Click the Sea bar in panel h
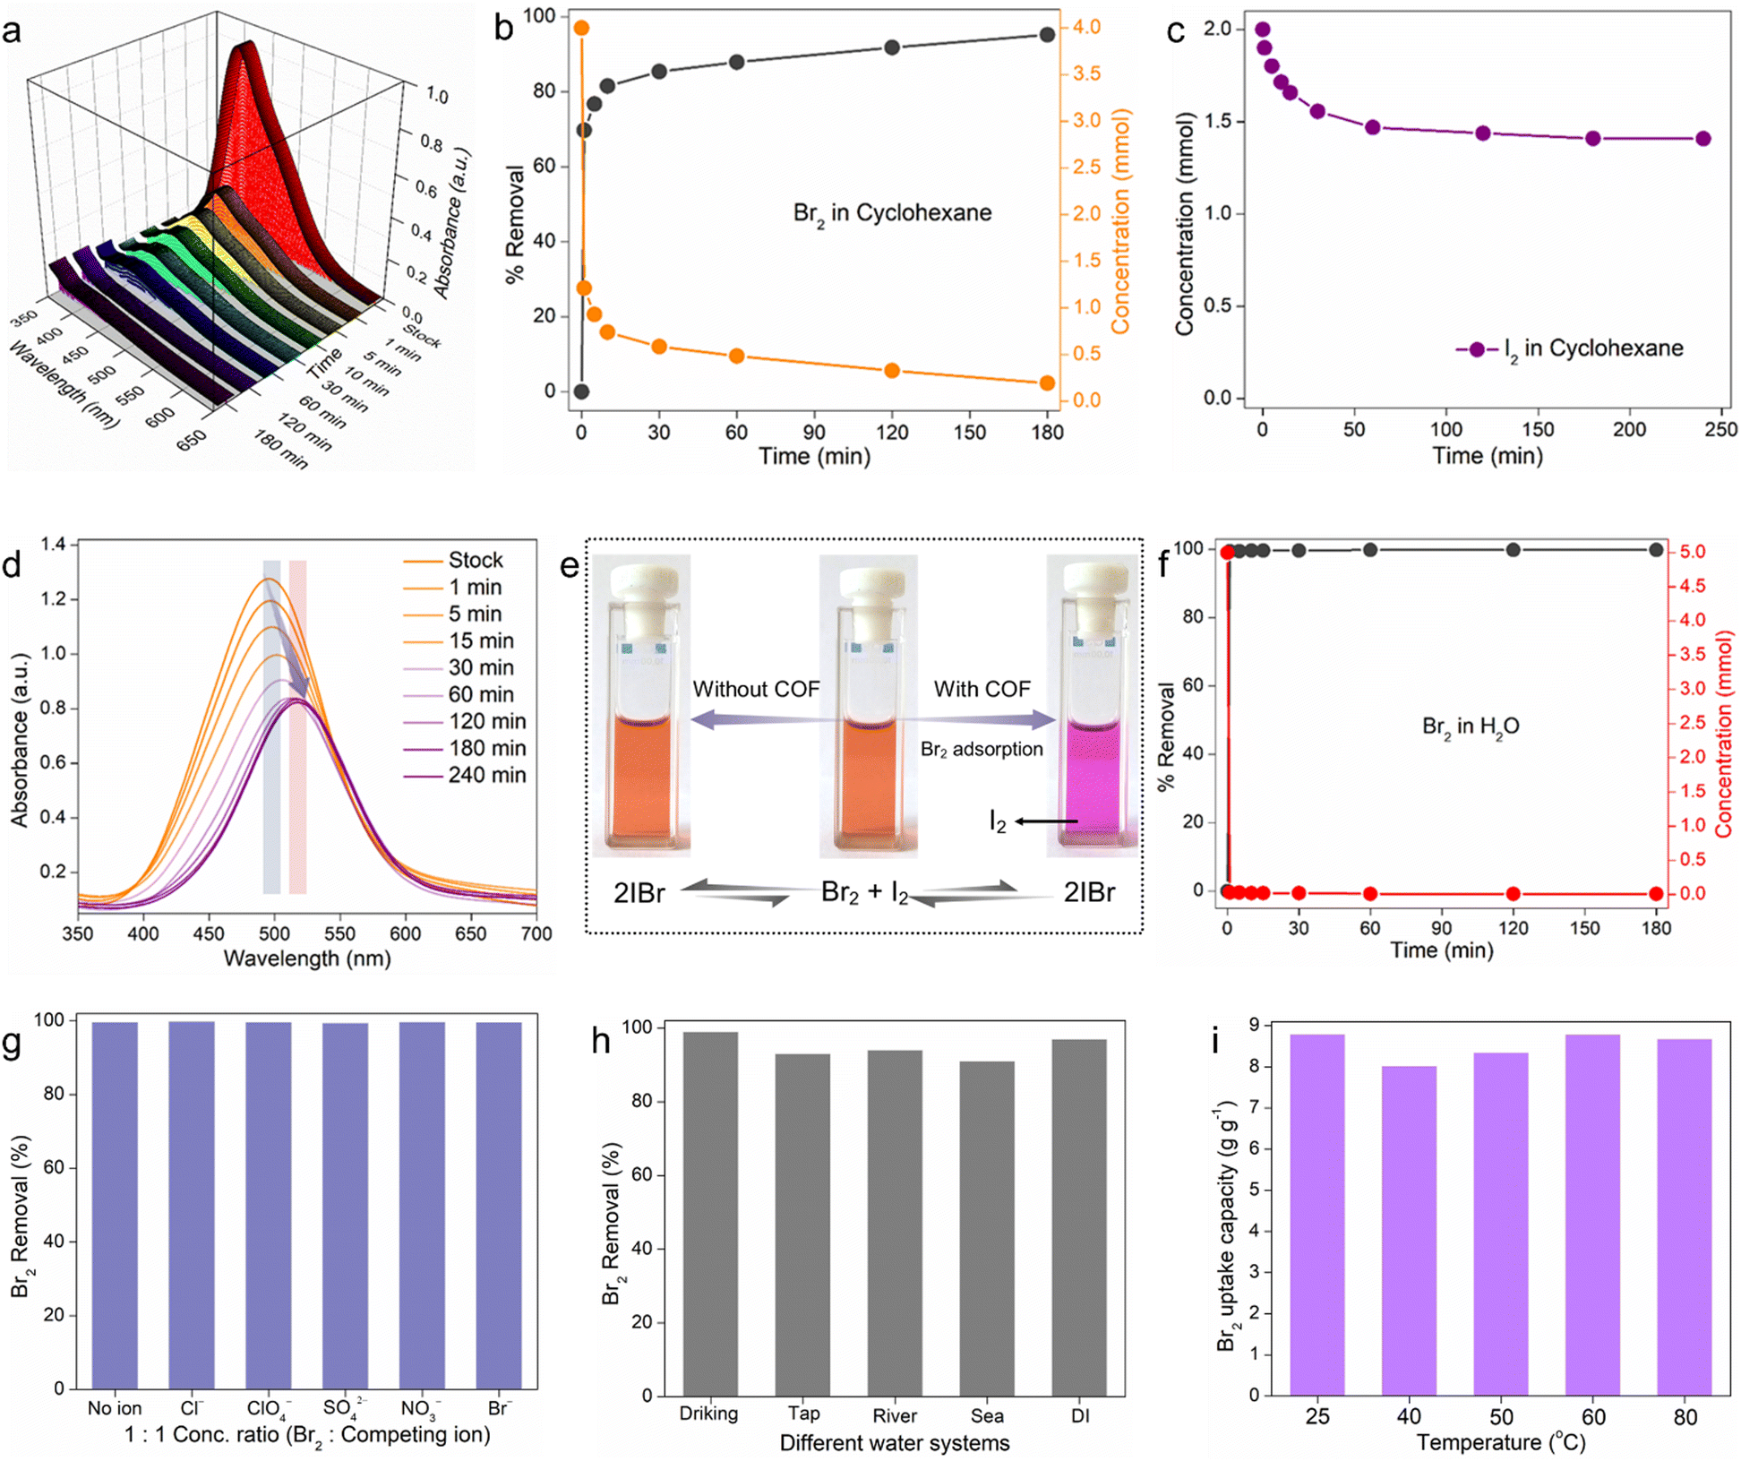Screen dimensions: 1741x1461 (x=987, y=1228)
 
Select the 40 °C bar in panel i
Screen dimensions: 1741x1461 (x=1409, y=1230)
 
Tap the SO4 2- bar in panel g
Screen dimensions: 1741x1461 (x=345, y=1206)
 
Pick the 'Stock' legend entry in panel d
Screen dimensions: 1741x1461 (x=453, y=560)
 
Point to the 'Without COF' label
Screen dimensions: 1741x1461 (x=756, y=689)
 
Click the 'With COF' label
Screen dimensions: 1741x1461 (x=982, y=689)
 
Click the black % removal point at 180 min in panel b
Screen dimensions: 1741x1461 (x=1047, y=34)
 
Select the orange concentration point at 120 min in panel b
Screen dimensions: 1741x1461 (x=891, y=370)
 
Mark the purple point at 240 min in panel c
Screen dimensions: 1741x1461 (x=1702, y=138)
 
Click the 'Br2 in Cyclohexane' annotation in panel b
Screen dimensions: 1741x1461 (x=892, y=214)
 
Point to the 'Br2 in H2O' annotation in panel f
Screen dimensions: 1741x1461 (x=1471, y=726)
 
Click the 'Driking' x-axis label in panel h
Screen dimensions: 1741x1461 (x=708, y=1414)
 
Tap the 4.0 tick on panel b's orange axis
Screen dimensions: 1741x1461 (x=1086, y=27)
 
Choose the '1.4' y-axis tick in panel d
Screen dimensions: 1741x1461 (x=53, y=544)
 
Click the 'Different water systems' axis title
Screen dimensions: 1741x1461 (x=894, y=1443)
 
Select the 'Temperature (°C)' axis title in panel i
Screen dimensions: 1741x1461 (x=1501, y=1442)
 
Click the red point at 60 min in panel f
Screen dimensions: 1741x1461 (x=1369, y=893)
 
